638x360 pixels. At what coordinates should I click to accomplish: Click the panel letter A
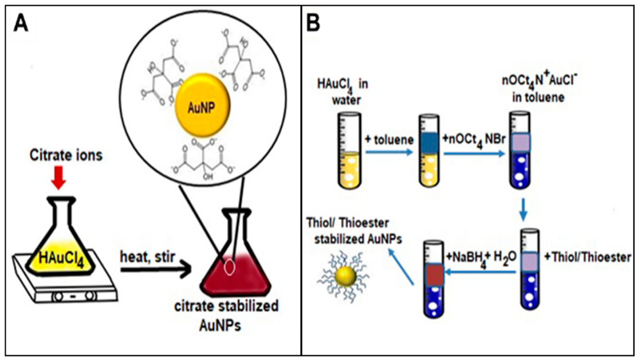coord(21,23)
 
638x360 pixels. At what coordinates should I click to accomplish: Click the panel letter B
coord(317,23)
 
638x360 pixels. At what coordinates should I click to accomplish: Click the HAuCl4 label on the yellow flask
coord(62,246)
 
